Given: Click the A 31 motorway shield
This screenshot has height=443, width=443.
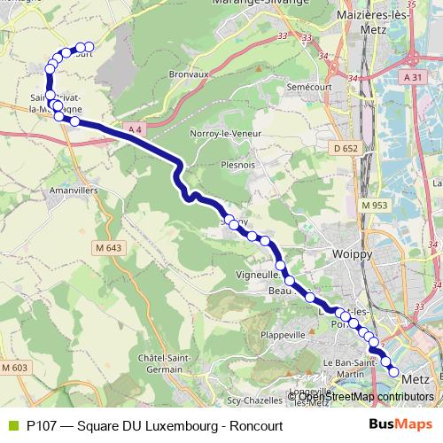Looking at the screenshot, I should [412, 78].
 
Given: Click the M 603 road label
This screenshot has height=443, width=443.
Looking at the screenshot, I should [15, 367].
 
